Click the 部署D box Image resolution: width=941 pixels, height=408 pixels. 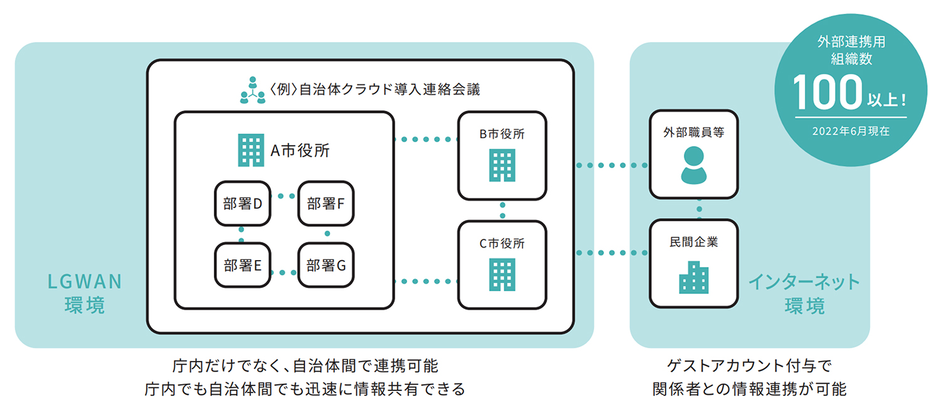pyautogui.click(x=242, y=203)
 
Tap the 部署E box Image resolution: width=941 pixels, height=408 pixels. pyautogui.click(x=242, y=265)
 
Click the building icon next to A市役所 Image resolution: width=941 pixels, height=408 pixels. pyautogui.click(x=250, y=151)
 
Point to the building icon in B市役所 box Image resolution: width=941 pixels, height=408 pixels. pyautogui.click(x=502, y=165)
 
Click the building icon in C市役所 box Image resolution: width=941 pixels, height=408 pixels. pyautogui.click(x=502, y=275)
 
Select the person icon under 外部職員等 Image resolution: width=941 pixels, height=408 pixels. pyautogui.click(x=693, y=165)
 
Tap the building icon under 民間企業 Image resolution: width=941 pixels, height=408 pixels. pyautogui.click(x=693, y=276)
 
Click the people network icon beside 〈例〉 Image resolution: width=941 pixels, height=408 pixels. pyautogui.click(x=253, y=90)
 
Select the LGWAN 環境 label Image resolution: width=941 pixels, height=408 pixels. pyautogui.click(x=85, y=293)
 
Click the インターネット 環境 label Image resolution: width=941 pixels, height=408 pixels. pyautogui.click(x=804, y=293)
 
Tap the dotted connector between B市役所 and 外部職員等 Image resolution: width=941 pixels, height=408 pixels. pyautogui.click(x=612, y=165)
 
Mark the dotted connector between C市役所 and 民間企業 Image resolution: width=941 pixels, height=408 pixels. pyautogui.click(x=612, y=253)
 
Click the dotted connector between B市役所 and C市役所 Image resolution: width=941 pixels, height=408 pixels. pyautogui.click(x=502, y=209)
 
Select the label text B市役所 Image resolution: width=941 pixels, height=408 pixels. pyautogui.click(x=502, y=133)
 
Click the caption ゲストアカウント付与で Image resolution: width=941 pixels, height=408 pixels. pyautogui.click(x=750, y=365)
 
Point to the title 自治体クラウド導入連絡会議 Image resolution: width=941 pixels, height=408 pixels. pyautogui.click(x=389, y=89)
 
